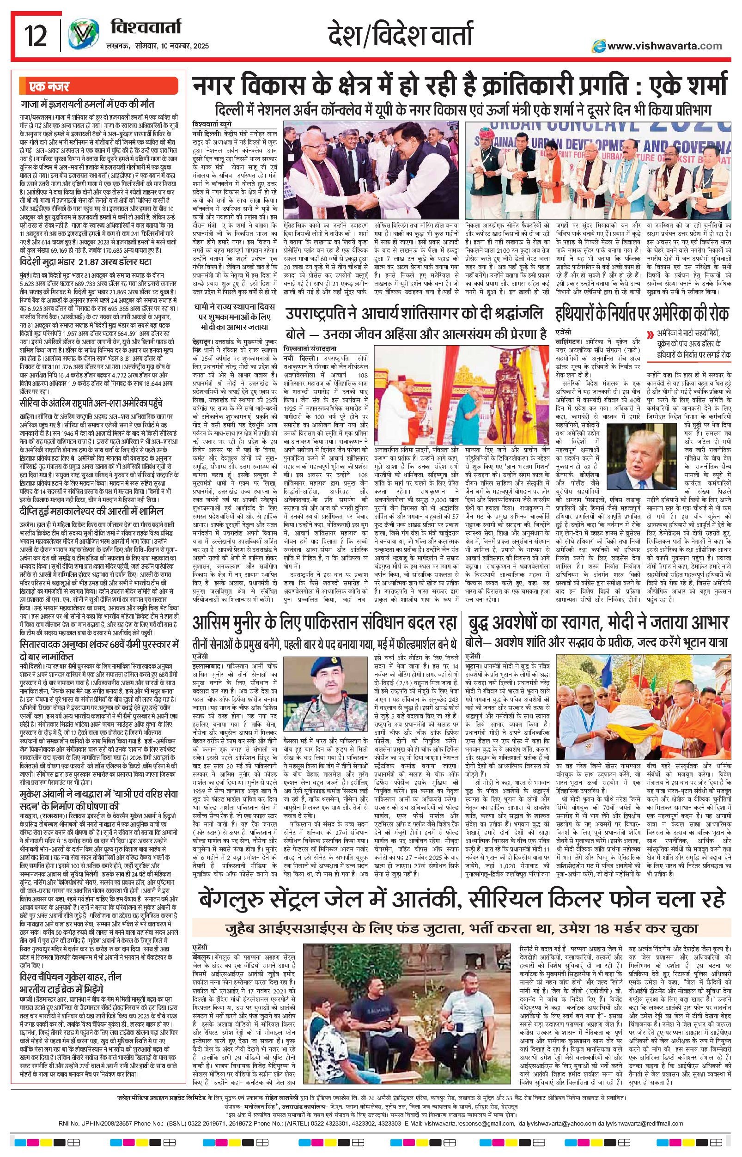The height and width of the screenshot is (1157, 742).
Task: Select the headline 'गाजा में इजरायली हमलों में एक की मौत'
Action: [93, 104]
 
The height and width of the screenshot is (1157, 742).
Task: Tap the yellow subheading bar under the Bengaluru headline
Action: [462, 928]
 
